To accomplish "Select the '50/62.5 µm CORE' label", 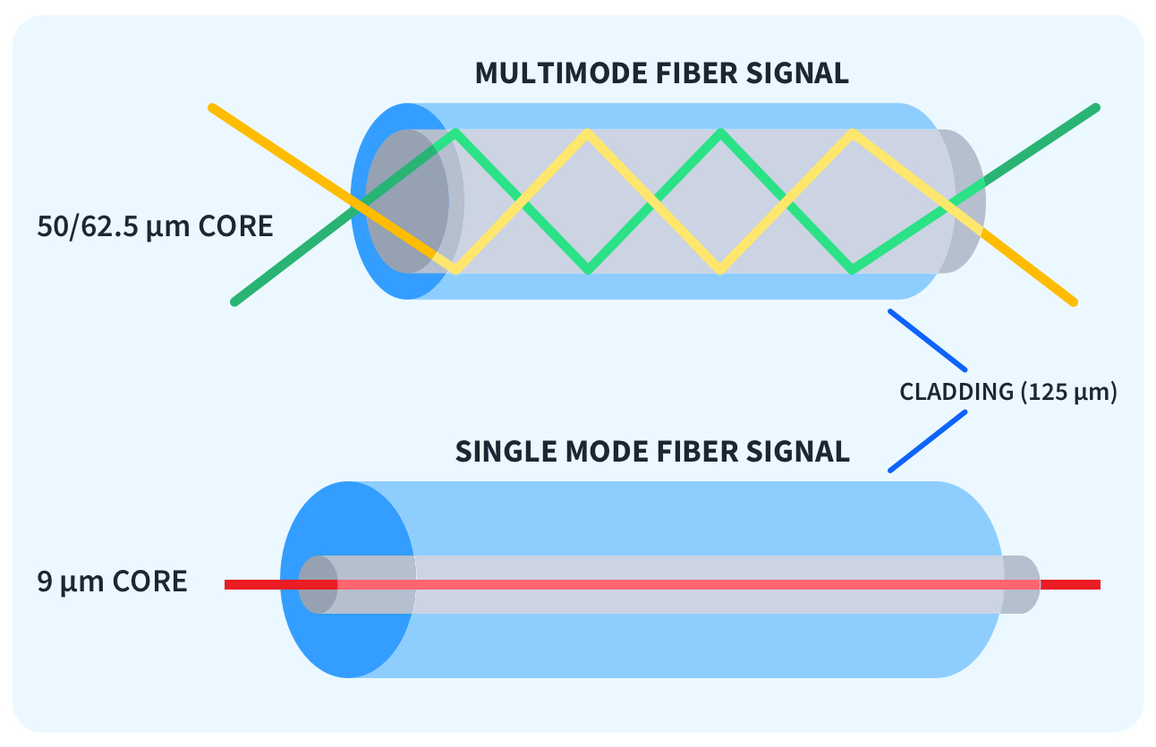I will [x=155, y=226].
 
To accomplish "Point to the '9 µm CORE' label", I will [x=112, y=581].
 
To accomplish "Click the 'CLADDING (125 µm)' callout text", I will [x=1008, y=392].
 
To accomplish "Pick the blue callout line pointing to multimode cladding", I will [x=927, y=340].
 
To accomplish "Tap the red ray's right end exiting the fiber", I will [x=1070, y=585].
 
